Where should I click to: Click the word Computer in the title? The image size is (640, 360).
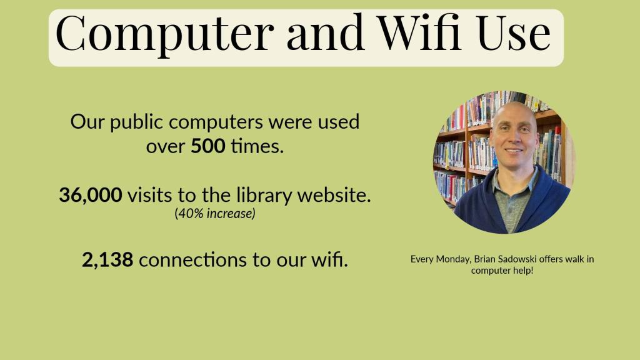164,34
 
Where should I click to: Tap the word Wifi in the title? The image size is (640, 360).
420,31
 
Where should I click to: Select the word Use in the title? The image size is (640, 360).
514,32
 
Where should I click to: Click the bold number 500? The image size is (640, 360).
207,146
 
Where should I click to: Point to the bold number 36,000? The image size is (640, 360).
90,195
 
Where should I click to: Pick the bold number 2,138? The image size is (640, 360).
107,259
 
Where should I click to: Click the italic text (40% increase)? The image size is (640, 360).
215,214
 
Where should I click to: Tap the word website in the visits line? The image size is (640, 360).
334,195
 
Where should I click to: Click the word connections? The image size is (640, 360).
192,259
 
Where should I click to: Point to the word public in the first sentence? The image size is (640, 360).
136,122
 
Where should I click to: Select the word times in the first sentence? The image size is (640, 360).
257,146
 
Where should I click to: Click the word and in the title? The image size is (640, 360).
325,32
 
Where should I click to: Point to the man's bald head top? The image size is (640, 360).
514,106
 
